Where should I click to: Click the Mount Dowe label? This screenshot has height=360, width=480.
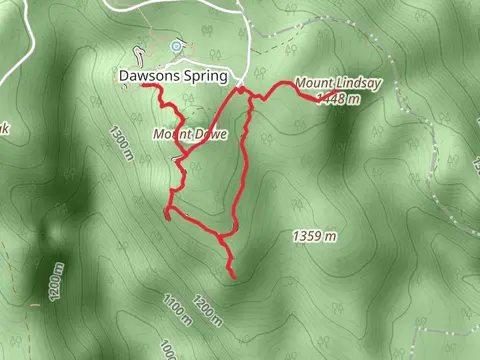pos(191,133)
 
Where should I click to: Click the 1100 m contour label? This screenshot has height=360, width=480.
pos(176,311)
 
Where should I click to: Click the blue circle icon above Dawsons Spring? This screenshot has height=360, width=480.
pos(177,45)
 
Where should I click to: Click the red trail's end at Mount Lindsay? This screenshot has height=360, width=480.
pos(333,94)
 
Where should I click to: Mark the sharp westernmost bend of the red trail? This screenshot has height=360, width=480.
pos(165,211)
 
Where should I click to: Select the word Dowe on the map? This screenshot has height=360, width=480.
pos(214,133)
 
